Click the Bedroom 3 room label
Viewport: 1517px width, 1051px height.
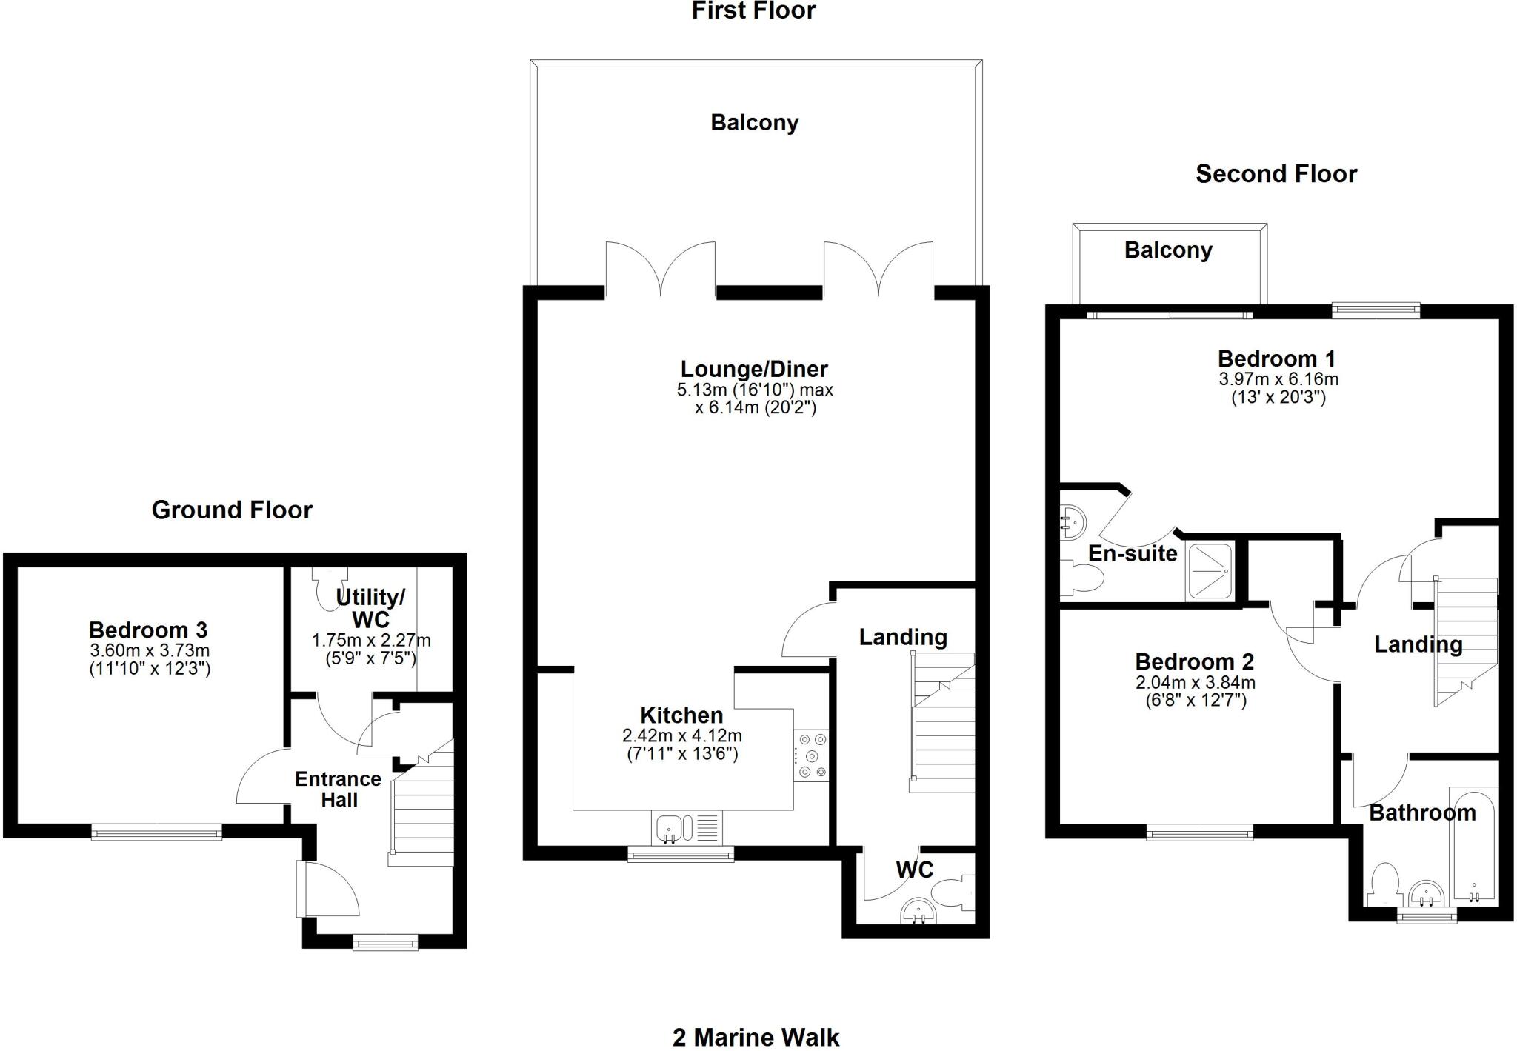[148, 630]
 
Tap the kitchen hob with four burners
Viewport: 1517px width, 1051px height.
[812, 756]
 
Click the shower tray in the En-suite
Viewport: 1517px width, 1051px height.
[1210, 571]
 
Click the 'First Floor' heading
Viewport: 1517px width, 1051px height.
[753, 10]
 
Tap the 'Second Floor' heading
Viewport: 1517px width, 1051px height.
[1276, 174]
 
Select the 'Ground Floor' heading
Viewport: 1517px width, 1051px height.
[232, 510]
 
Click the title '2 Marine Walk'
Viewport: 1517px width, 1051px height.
[756, 1037]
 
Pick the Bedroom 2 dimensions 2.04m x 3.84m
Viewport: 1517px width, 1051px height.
[1195, 682]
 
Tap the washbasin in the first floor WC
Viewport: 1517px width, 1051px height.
[918, 913]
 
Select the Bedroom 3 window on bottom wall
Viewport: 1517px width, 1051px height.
[156, 833]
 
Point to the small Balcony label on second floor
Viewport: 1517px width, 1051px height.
[1168, 250]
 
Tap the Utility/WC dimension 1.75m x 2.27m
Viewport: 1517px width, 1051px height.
[371, 640]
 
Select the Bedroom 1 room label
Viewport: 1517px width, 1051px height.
[1276, 359]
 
